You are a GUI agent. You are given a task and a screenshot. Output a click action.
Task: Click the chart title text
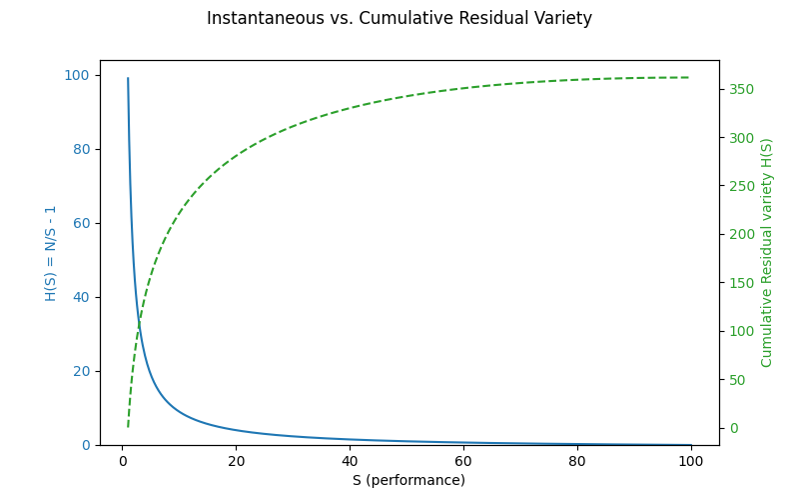tap(399, 18)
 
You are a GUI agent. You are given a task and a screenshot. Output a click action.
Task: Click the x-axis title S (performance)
tap(408, 480)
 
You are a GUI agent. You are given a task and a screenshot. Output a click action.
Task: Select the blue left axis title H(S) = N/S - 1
tap(51, 253)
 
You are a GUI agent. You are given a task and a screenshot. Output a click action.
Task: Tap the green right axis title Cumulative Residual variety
tap(767, 253)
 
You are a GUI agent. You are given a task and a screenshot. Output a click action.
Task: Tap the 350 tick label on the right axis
tap(741, 89)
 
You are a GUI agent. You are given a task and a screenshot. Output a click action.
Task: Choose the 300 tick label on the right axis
tap(741, 137)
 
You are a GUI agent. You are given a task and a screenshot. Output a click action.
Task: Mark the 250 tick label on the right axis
tap(741, 186)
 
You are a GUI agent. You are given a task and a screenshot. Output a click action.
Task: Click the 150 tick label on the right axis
tap(741, 283)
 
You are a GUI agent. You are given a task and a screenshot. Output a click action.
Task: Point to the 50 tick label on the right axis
tap(737, 380)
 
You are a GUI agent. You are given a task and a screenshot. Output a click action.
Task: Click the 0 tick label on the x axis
tap(123, 461)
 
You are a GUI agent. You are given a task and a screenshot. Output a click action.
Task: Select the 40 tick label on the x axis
tap(350, 461)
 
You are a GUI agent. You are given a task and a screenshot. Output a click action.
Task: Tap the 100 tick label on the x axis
tap(690, 461)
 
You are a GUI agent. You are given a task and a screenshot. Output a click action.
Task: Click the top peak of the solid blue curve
tap(128, 78)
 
